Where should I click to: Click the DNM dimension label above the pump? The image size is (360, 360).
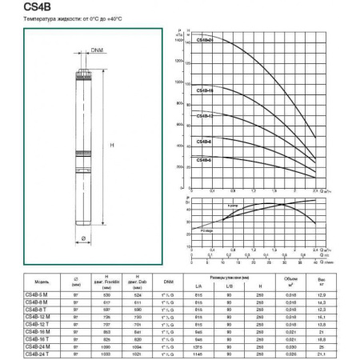[97, 51]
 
